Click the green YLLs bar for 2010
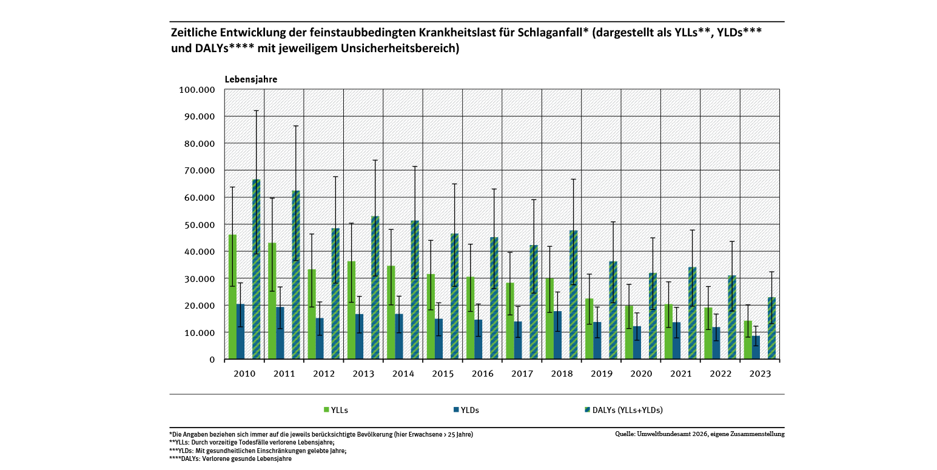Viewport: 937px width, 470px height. click(232, 297)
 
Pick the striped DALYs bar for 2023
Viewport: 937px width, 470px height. click(771, 328)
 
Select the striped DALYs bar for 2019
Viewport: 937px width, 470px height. click(613, 310)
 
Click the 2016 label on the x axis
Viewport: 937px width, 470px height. click(482, 374)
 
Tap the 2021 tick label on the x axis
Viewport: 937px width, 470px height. click(680, 374)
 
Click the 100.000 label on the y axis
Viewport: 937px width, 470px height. click(198, 90)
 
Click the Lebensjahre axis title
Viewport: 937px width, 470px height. click(251, 79)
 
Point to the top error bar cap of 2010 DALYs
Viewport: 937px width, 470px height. click(256, 111)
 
